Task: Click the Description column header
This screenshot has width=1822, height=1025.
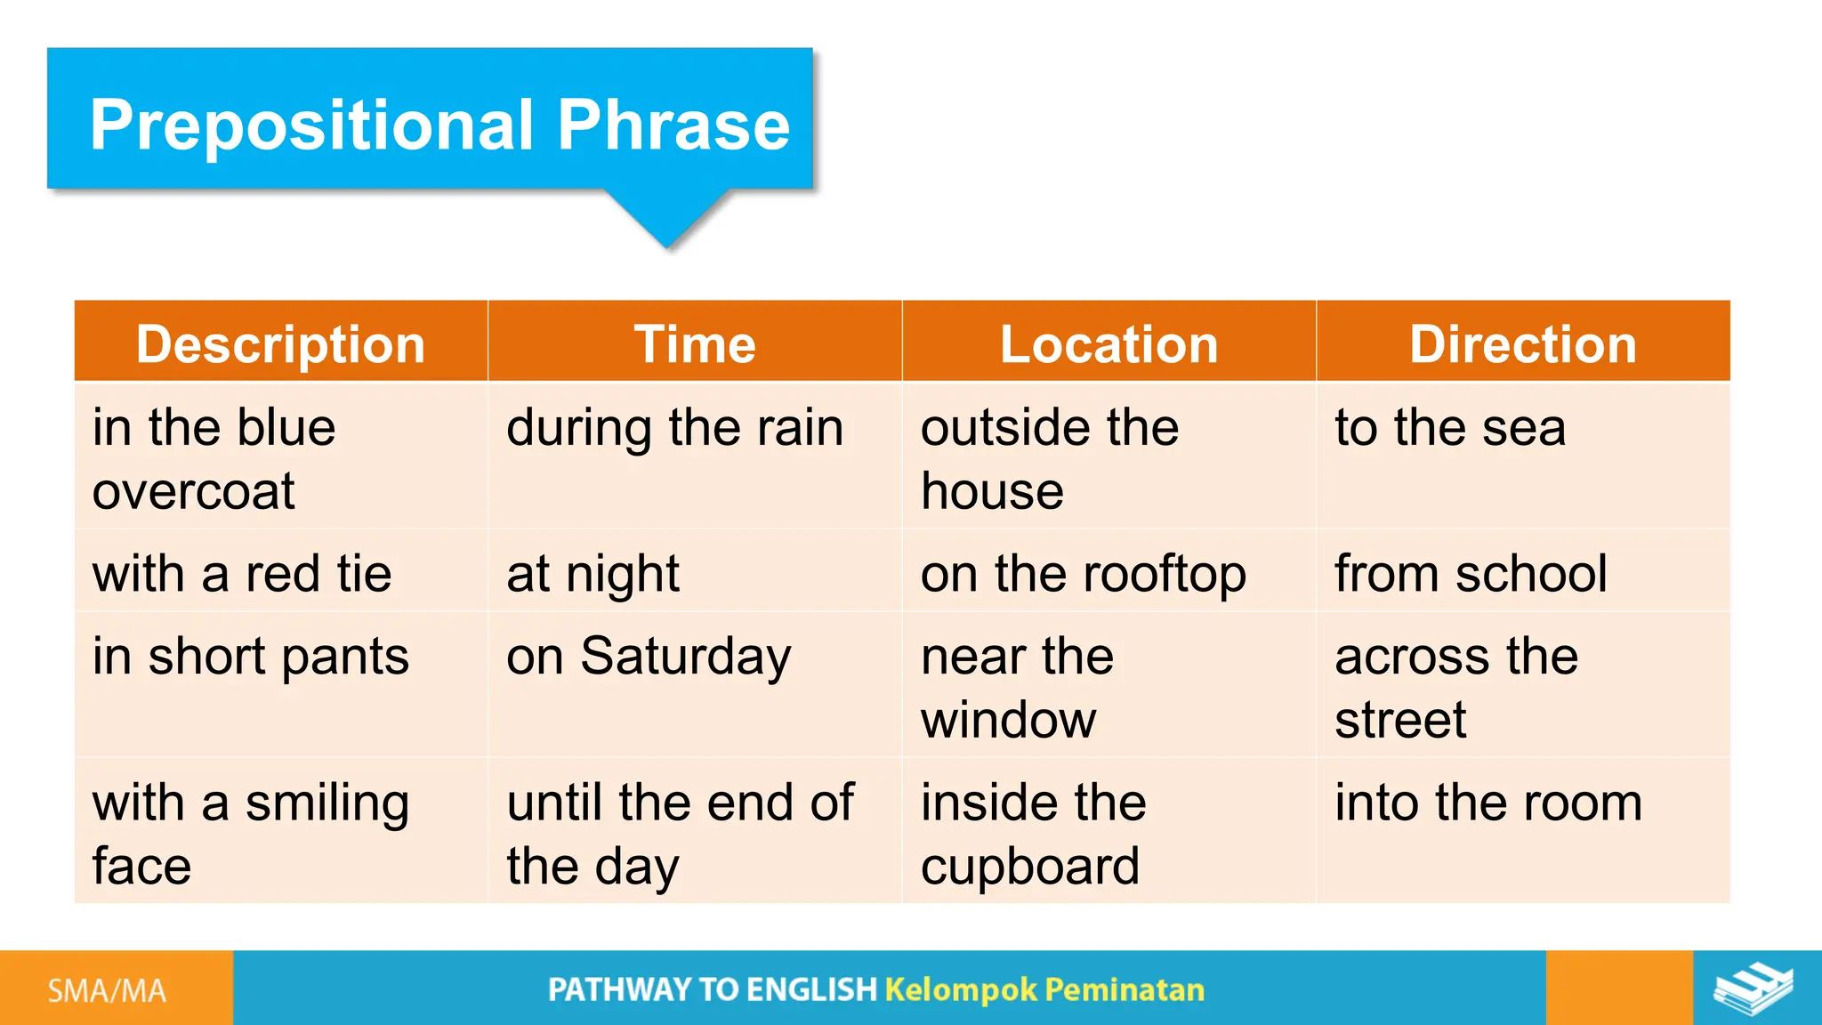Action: click(280, 344)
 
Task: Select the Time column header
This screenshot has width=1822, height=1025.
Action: click(695, 344)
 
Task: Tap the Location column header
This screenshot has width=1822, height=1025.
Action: click(1109, 344)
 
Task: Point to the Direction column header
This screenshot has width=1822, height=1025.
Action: click(1523, 344)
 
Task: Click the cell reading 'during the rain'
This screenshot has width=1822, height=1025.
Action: click(674, 428)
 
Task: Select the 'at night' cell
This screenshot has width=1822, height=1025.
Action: click(593, 574)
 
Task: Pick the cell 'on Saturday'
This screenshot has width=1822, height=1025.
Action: click(649, 657)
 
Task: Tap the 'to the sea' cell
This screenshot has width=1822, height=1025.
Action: click(1450, 428)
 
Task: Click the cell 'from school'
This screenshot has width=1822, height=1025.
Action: click(1471, 574)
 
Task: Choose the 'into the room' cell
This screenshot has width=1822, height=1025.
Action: click(1488, 803)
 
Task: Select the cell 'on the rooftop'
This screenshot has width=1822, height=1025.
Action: click(1083, 574)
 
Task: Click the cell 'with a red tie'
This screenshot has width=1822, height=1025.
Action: click(242, 574)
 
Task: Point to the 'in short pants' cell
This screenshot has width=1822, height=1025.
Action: click(251, 657)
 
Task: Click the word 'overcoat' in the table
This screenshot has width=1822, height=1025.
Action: click(193, 492)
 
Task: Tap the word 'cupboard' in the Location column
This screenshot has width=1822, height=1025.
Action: click(1029, 867)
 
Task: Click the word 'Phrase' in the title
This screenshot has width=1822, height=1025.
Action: click(673, 125)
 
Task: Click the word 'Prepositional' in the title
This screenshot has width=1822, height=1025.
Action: click(311, 125)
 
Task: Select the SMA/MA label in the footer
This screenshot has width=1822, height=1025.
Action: click(107, 990)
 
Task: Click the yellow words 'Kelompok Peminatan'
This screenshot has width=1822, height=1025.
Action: click(1044, 989)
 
